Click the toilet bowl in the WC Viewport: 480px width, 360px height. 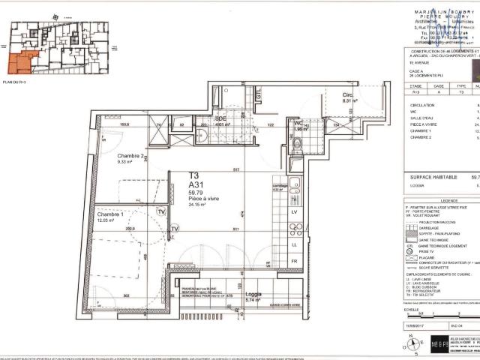click(295, 145)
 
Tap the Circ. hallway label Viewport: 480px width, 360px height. click(348, 95)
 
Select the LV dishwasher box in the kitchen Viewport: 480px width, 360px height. click(293, 212)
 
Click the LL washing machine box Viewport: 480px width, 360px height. click(293, 244)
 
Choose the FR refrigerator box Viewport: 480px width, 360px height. click(293, 262)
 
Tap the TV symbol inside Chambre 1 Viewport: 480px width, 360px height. click(161, 211)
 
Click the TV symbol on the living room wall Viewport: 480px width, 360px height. click(175, 229)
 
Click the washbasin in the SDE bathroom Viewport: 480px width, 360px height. click(201, 135)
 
